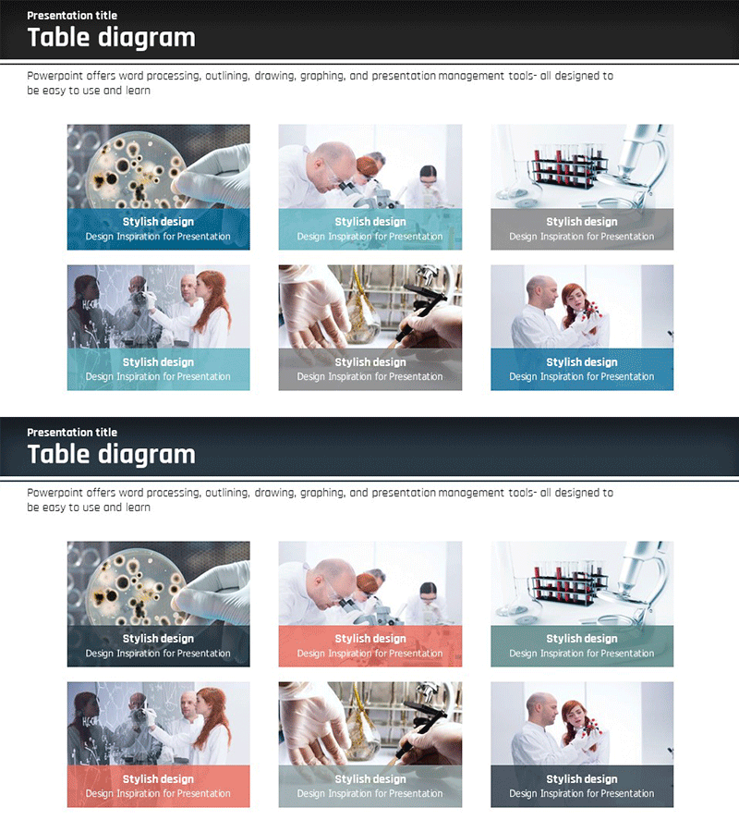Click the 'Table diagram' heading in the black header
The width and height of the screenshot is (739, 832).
click(112, 38)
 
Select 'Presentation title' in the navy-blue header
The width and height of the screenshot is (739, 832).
click(72, 433)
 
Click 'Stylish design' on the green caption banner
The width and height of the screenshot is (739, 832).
click(582, 638)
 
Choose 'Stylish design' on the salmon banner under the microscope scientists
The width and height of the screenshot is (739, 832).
click(370, 638)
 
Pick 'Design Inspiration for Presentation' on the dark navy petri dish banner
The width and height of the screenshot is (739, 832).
click(158, 654)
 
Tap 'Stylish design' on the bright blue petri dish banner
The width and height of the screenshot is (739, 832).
click(158, 221)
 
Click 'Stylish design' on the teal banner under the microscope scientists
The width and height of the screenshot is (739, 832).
click(370, 221)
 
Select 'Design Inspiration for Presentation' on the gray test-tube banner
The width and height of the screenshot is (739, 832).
click(582, 236)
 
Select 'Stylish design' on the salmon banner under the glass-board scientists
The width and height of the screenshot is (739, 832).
click(158, 779)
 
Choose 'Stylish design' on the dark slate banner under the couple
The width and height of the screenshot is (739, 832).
click(582, 779)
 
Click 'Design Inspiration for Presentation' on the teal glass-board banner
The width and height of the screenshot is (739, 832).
click(158, 376)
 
